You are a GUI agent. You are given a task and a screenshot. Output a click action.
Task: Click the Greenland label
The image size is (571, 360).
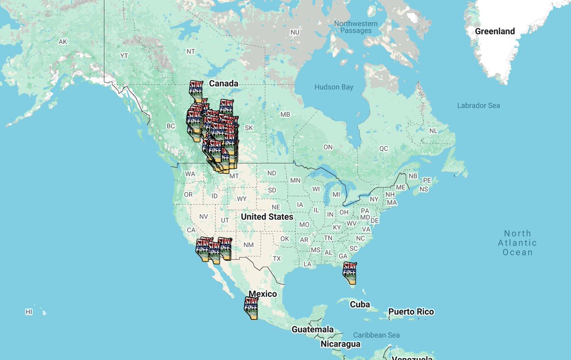[x=495, y=31]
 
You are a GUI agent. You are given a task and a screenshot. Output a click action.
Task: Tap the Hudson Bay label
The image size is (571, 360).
[x=334, y=87]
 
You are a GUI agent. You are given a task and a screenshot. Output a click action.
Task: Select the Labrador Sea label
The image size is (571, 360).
[x=478, y=105]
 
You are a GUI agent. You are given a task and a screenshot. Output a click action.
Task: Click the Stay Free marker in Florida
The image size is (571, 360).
[x=350, y=273]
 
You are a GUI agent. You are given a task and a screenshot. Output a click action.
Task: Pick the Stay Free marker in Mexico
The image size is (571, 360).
[x=251, y=308]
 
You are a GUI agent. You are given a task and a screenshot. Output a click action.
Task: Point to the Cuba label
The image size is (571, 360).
[x=360, y=304]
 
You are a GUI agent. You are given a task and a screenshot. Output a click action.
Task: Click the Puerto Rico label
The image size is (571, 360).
[x=411, y=312]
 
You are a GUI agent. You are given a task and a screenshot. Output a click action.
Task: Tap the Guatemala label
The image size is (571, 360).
[x=313, y=329]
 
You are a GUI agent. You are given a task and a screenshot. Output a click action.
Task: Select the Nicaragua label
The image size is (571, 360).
[x=340, y=344]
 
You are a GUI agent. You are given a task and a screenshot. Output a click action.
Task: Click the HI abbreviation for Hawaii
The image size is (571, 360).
[x=29, y=312]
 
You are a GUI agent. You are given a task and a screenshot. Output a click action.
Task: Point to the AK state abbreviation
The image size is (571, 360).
[x=63, y=42]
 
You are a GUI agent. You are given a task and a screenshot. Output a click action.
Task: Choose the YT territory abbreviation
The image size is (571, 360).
[x=124, y=56]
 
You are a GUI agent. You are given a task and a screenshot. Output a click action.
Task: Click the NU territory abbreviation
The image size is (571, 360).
[x=295, y=32]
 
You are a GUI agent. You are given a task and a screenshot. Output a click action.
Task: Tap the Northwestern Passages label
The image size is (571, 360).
[x=355, y=27]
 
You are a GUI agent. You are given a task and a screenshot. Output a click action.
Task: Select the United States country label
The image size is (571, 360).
[x=267, y=217]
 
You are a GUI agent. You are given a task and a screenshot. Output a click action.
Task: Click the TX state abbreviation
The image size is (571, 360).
[x=277, y=259]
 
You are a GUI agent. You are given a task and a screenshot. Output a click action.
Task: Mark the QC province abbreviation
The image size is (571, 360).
[x=384, y=148]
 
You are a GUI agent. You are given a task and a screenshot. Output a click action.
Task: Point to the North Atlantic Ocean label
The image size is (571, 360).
[x=517, y=243]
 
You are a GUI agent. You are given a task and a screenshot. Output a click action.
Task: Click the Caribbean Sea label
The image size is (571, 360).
[x=376, y=335]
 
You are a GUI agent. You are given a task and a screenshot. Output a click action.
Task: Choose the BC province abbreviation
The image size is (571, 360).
[x=171, y=126]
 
